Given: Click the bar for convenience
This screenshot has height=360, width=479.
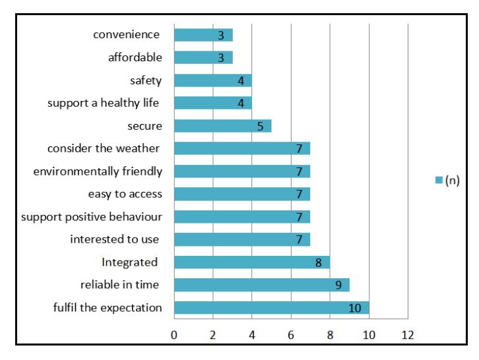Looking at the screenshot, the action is (203, 35).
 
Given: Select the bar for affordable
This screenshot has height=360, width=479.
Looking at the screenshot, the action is (203, 57).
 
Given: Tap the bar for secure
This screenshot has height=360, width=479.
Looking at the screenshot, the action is (223, 126).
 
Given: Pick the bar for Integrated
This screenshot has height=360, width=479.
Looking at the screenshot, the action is (252, 262).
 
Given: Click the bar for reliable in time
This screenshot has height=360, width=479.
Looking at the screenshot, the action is (262, 285).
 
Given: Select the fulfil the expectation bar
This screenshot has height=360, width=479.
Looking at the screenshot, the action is (272, 307).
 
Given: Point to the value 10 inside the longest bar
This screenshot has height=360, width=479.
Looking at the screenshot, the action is (355, 308).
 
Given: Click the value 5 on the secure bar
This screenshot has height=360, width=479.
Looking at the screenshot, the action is (260, 127).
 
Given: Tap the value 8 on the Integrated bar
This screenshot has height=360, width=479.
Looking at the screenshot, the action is (318, 262).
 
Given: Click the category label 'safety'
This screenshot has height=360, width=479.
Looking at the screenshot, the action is (146, 80).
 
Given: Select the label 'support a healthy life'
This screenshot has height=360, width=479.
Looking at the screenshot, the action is (103, 104).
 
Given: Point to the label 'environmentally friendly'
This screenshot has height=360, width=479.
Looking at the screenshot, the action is (98, 171).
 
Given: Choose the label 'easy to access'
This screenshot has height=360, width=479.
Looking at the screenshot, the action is (125, 195).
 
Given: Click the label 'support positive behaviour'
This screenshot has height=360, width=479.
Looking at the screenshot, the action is (91, 217).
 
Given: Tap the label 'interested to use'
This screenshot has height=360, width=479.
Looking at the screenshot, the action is (115, 239).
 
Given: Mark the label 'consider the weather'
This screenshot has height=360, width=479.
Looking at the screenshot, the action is (103, 149).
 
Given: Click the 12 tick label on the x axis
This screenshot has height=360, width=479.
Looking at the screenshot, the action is (408, 335).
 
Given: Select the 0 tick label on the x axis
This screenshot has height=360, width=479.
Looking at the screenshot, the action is (174, 335).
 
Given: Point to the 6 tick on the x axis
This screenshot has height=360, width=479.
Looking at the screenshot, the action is (291, 335).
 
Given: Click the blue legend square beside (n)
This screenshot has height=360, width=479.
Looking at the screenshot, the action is (439, 180).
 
